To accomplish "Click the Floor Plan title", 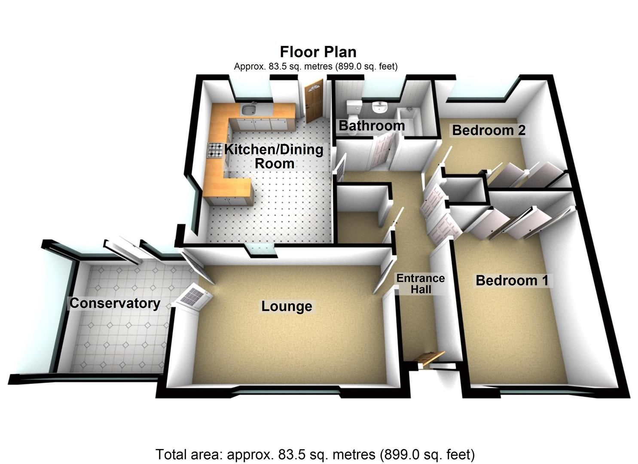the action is pos(318,52).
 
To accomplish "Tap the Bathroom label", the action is pos(372,125).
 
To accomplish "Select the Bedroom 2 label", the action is pos(489,130).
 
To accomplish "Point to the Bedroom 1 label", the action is pos(512,281).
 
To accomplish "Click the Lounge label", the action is pos(287,306).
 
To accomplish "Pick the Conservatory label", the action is pos(115,303).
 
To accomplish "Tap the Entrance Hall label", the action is pos(421,284).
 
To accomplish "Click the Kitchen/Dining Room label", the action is pos(274,156).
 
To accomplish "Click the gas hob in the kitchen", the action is pos(215,150).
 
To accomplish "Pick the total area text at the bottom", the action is pos(315,454).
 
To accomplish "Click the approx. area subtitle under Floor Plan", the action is pos(316,67).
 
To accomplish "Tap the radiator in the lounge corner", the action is pos(193,296).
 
